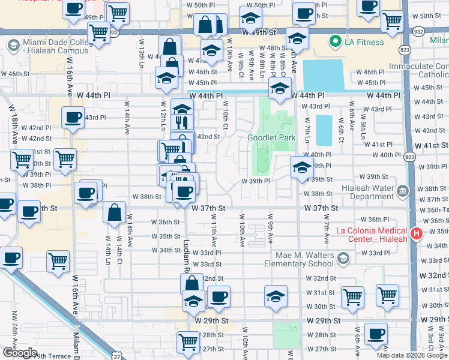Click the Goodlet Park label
[x=271, y=137]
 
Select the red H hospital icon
[x=416, y=233]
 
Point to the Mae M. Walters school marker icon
[x=343, y=259]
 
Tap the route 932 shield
[x=415, y=30]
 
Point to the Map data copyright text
[x=412, y=355]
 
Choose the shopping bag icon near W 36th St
[x=114, y=212]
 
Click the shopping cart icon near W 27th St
[x=188, y=341]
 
